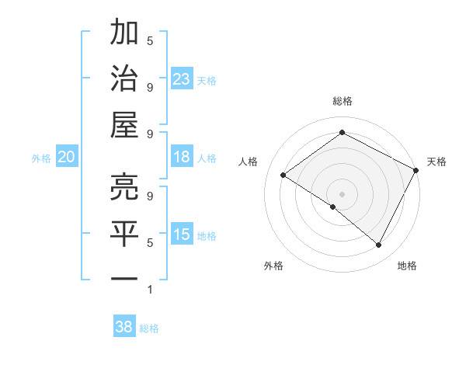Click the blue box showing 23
(182, 79)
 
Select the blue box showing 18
(182, 157)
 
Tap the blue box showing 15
(182, 235)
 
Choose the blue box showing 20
(66, 157)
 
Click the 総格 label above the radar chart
(342, 102)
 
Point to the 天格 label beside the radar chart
(436, 162)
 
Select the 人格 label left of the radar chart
(249, 162)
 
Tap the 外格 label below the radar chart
(273, 266)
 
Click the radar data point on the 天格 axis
(416, 170)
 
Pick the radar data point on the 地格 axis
(379, 245)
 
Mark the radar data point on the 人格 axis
(283, 175)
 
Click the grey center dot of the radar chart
(342, 193)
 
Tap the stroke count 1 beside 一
(150, 290)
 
